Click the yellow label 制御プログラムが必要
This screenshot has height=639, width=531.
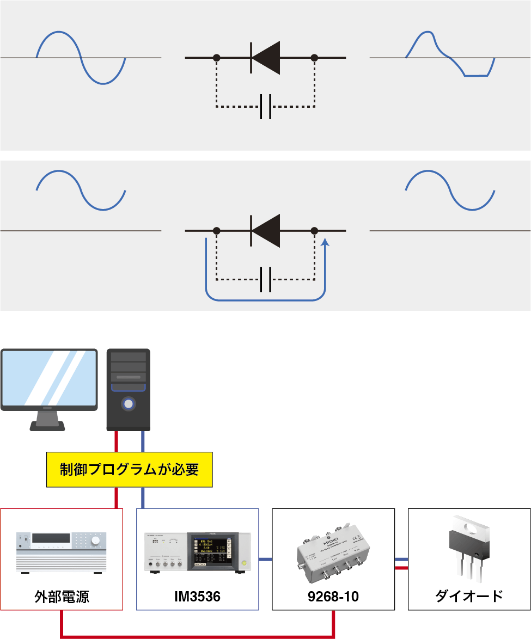click(x=129, y=469)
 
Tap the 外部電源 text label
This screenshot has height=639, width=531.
click(x=62, y=596)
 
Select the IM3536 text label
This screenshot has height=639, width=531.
click(x=197, y=597)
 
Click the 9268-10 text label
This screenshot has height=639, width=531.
click(x=333, y=597)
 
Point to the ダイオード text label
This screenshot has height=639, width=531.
click(x=469, y=596)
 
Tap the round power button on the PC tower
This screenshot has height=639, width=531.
click(x=128, y=404)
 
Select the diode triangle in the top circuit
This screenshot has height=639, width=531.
click(x=266, y=57)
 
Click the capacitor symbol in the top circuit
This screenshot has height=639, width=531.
click(x=266, y=107)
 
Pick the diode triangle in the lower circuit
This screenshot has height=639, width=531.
click(x=266, y=231)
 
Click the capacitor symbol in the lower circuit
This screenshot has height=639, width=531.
click(x=266, y=280)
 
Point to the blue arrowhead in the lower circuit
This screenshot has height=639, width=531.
click(x=325, y=243)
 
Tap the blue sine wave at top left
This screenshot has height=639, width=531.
click(x=81, y=57)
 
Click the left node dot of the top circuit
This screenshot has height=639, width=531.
click(x=216, y=57)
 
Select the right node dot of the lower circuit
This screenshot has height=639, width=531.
click(x=314, y=231)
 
